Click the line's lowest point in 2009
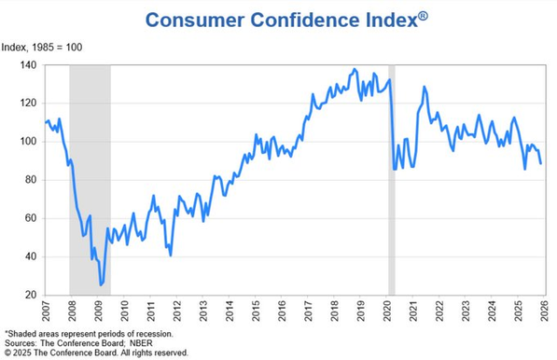(x=101, y=284)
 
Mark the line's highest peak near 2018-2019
(x=354, y=69)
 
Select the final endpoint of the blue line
(x=541, y=163)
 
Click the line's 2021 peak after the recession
(x=425, y=87)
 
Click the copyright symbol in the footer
(x=8, y=353)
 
